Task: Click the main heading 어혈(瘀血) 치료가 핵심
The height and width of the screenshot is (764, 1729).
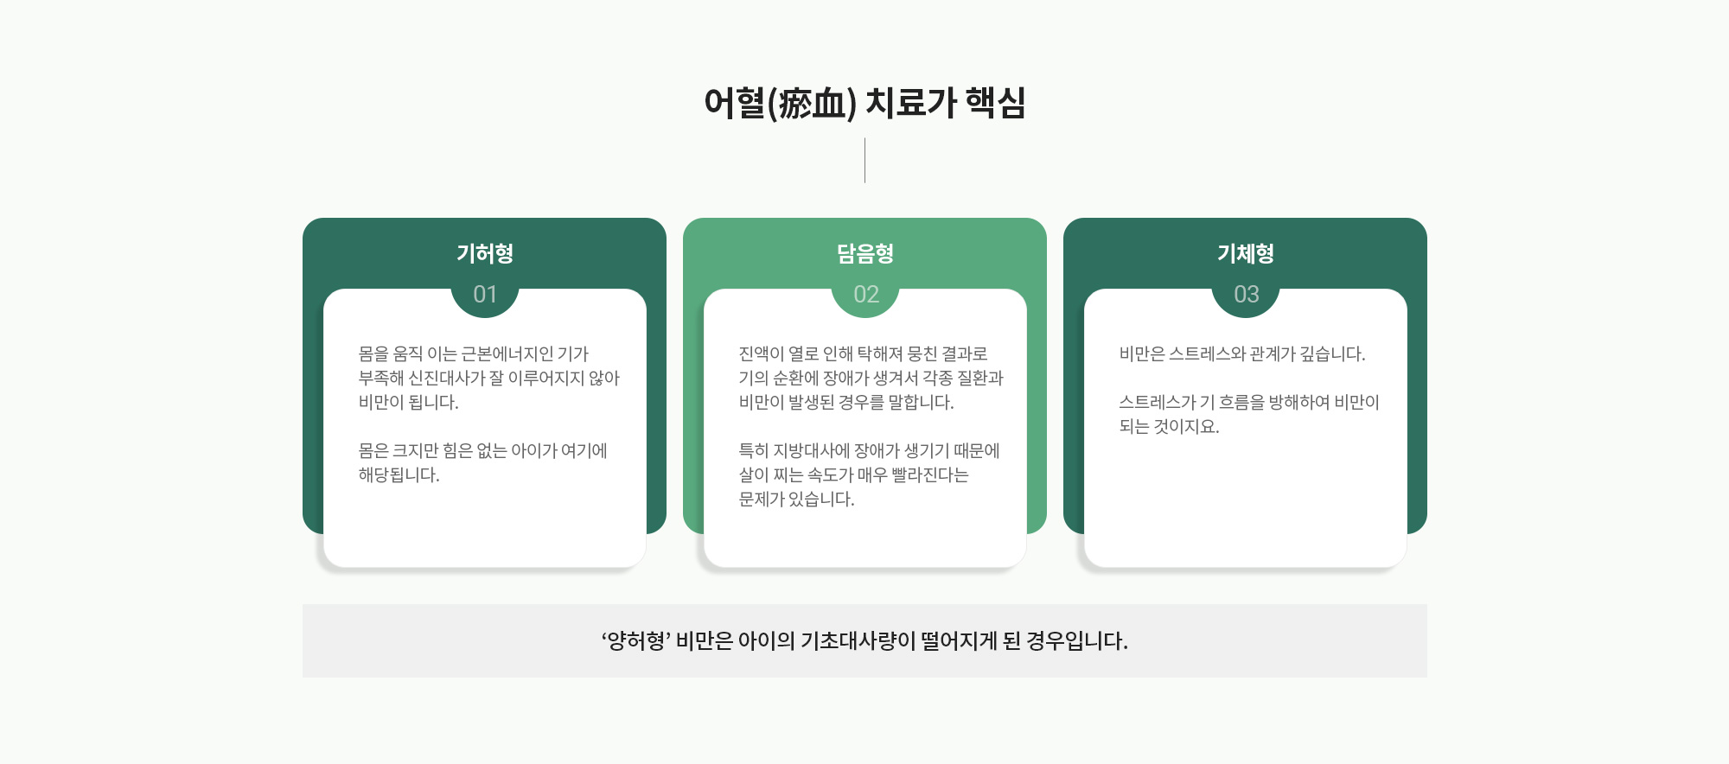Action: (x=864, y=103)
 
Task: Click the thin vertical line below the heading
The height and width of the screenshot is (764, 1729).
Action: (x=864, y=160)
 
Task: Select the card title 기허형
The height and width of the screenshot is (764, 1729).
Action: (x=485, y=253)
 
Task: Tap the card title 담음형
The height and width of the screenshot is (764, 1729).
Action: (x=865, y=253)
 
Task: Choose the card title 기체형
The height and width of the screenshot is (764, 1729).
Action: (x=1246, y=253)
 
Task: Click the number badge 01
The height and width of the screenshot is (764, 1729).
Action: (x=485, y=295)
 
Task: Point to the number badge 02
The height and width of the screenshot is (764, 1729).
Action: (x=865, y=295)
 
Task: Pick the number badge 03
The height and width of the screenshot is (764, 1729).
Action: (x=1246, y=295)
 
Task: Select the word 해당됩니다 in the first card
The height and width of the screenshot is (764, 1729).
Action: (x=399, y=474)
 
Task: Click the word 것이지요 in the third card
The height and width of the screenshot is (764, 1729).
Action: (x=1187, y=426)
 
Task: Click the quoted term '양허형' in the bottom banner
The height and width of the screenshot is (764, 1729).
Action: (x=636, y=640)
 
